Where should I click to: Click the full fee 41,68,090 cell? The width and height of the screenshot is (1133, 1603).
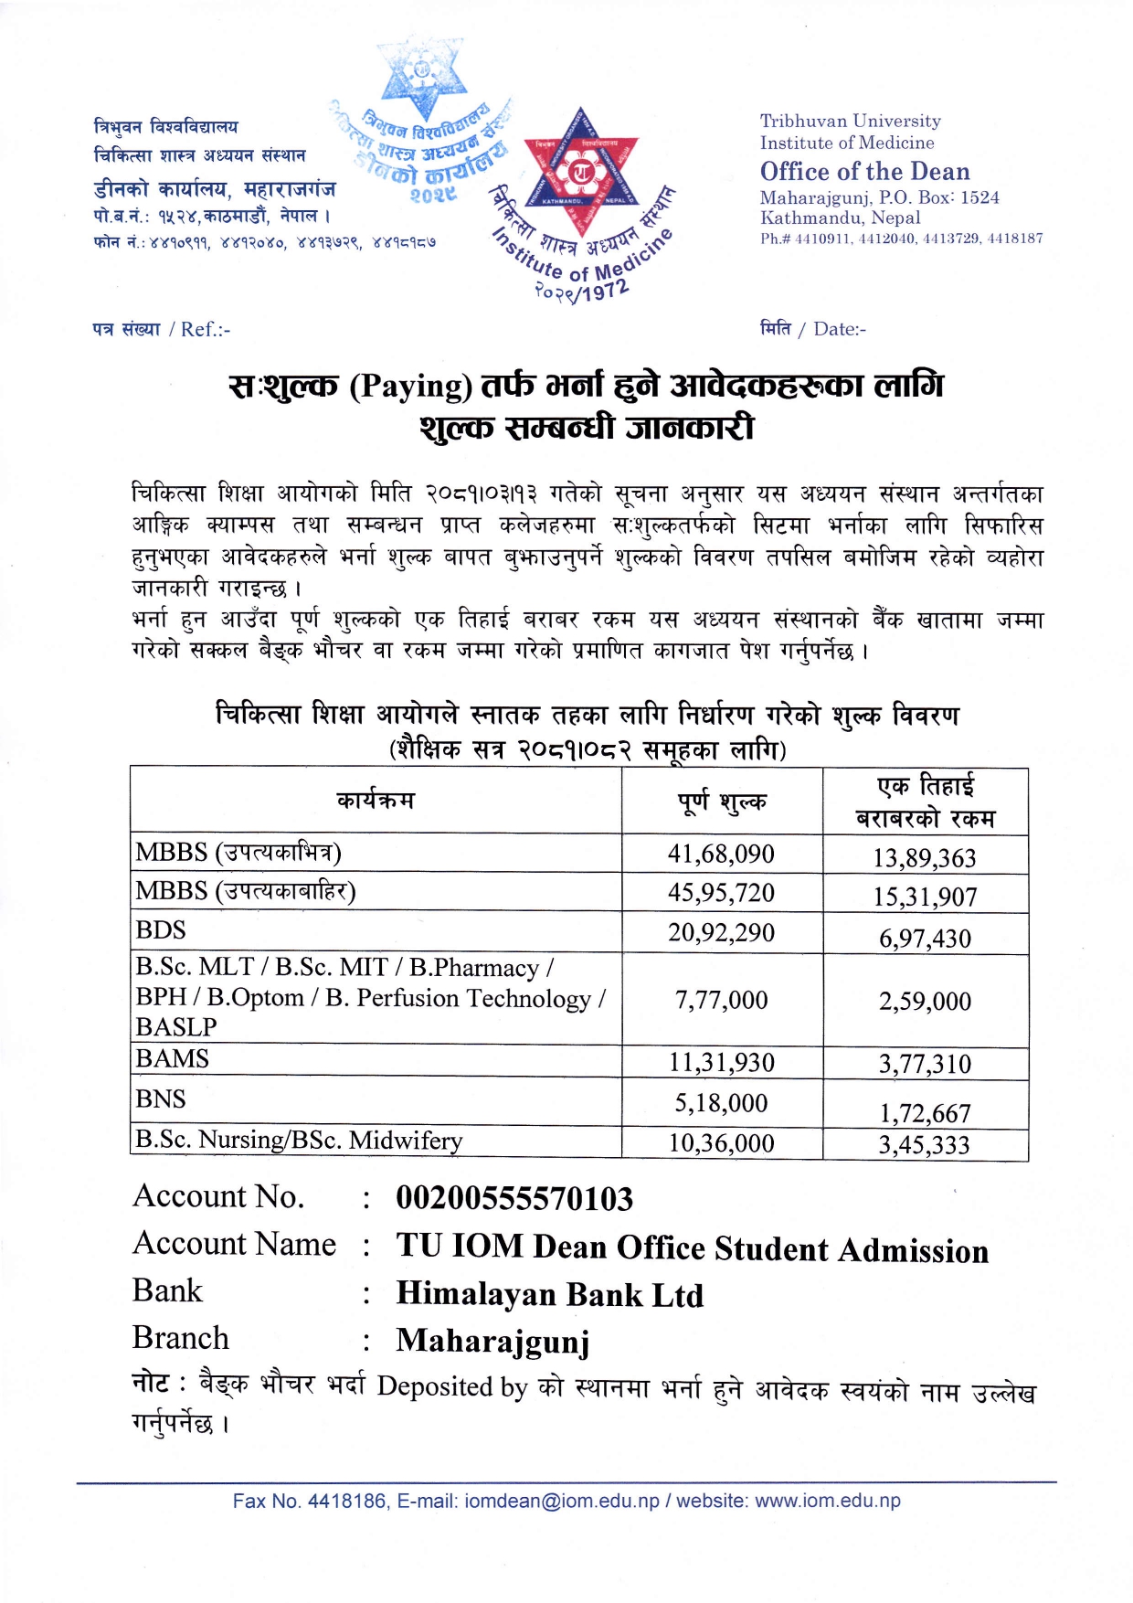(x=721, y=854)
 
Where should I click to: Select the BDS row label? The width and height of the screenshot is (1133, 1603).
(x=161, y=930)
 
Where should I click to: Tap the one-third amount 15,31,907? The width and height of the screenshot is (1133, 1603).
(x=925, y=897)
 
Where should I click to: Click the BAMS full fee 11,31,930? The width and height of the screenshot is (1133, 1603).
(x=721, y=1062)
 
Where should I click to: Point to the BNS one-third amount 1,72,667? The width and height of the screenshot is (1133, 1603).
(x=925, y=1112)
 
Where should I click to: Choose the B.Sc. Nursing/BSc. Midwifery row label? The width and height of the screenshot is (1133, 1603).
(x=299, y=1140)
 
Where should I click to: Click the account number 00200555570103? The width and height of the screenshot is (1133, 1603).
(x=514, y=1199)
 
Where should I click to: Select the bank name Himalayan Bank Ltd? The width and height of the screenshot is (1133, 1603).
(x=549, y=1295)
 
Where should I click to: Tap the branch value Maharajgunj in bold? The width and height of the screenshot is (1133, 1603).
(x=492, y=1341)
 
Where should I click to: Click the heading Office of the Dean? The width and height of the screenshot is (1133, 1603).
(x=864, y=172)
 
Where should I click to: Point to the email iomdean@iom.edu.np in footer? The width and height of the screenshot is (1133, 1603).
(x=562, y=1502)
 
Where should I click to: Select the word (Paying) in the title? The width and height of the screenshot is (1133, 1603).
(x=410, y=387)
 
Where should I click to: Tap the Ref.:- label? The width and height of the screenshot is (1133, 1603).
(x=205, y=329)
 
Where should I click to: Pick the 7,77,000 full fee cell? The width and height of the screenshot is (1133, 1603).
(x=721, y=1000)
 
